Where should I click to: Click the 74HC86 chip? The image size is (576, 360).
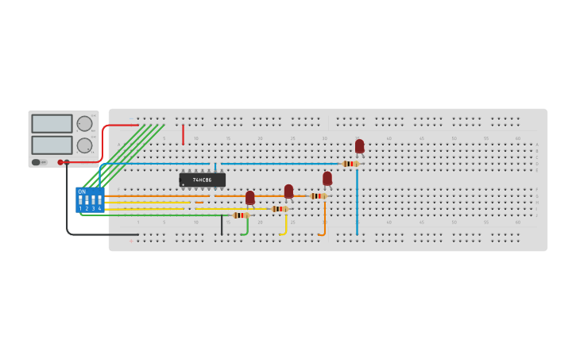[x=203, y=180]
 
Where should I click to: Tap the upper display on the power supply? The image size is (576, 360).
[x=52, y=123]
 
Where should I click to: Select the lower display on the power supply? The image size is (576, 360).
[x=52, y=145]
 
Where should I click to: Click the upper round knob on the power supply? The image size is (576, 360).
[x=84, y=123]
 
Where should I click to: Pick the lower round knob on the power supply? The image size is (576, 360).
[x=84, y=145]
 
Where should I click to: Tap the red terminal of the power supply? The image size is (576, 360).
[x=60, y=162]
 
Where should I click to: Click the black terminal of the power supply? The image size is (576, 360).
[x=67, y=162]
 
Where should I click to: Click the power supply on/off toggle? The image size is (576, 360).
[x=37, y=162]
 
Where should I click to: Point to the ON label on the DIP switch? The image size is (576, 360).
[x=82, y=192]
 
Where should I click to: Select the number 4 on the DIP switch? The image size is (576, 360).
[x=99, y=208]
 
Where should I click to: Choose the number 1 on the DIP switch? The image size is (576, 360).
[x=80, y=208]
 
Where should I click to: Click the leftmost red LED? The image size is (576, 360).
[x=250, y=197]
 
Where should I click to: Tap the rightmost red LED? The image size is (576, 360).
[x=360, y=146]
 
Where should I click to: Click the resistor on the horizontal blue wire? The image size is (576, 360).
[x=350, y=164]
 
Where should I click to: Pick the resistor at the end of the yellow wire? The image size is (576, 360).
[x=279, y=209]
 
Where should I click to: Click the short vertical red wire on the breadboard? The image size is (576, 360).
[x=183, y=135]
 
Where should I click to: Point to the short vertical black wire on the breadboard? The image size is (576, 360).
[x=222, y=225]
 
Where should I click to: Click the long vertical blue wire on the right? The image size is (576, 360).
[x=357, y=203]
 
